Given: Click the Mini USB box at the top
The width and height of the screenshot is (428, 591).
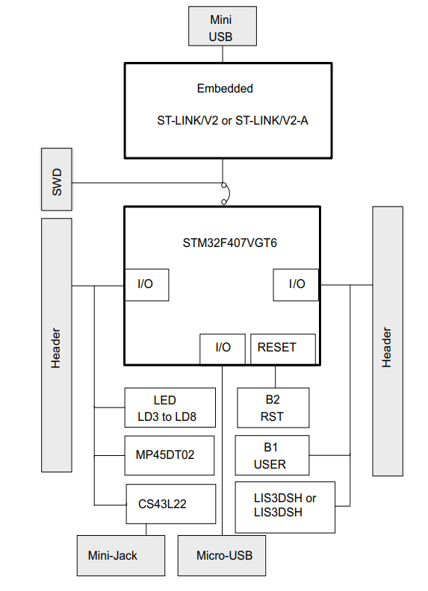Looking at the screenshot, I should [x=220, y=28].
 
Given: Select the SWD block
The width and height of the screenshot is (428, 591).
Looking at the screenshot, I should [x=57, y=180].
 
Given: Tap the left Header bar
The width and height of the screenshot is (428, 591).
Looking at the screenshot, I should [x=57, y=345].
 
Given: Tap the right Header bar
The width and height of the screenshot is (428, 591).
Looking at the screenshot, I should [x=387, y=341].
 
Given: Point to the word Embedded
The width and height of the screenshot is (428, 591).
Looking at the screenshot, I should [x=225, y=88].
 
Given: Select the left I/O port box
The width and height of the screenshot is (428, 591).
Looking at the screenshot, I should [x=146, y=284].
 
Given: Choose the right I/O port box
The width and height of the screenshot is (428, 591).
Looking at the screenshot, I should [x=297, y=284].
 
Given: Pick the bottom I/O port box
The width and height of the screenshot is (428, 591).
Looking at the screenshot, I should [x=223, y=348].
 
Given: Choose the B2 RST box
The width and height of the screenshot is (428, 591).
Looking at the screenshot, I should [x=273, y=407].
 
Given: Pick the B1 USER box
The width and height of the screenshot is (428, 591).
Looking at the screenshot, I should [x=272, y=455].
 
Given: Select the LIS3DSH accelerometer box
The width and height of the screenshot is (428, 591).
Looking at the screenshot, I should [x=285, y=506].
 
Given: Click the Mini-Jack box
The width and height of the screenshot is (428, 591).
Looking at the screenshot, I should [x=113, y=555].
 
